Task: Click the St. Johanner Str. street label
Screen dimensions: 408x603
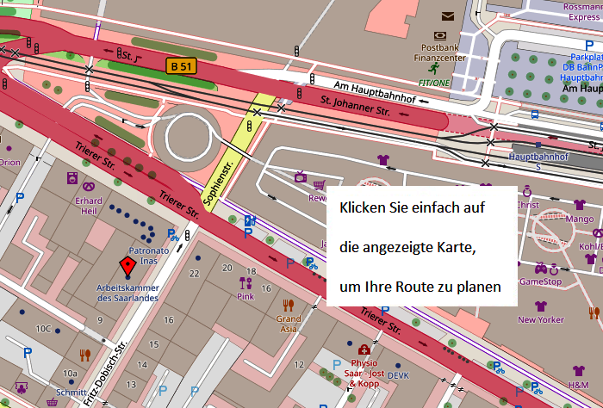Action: [355, 107]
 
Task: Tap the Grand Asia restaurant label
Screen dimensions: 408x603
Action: [289, 324]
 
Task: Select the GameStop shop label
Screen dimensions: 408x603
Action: [540, 281]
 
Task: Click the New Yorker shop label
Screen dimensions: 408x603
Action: [540, 319]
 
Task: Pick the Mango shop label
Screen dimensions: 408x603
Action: [580, 219]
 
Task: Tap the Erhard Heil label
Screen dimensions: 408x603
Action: [88, 207]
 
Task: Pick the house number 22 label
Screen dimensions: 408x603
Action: [194, 273]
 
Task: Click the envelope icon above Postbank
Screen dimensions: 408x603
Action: [447, 16]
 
